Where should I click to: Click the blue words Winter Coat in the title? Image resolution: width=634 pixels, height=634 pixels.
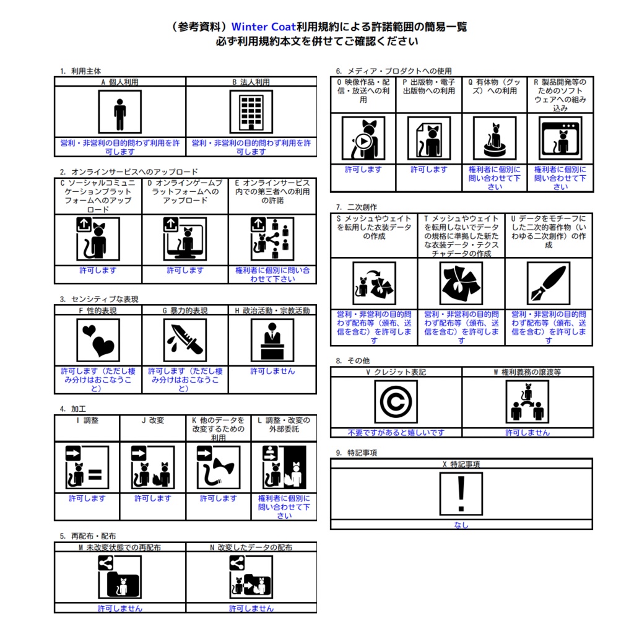pyautogui.click(x=264, y=27)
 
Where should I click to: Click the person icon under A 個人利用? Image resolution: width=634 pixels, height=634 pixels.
pyautogui.click(x=119, y=112)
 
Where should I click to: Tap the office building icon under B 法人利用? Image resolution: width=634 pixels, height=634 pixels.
pyautogui.click(x=251, y=112)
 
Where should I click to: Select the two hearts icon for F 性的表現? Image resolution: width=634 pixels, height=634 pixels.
pyautogui.click(x=98, y=340)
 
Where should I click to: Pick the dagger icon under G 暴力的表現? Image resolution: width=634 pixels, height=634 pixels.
pyautogui.click(x=185, y=340)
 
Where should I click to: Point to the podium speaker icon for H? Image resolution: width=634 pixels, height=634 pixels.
pyautogui.click(x=272, y=340)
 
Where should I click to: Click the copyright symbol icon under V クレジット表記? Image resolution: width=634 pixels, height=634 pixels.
pyautogui.click(x=396, y=402)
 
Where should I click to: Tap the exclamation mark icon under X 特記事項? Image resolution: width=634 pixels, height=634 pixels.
pyautogui.click(x=461, y=493)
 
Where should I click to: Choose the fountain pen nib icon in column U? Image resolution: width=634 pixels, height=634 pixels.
pyautogui.click(x=549, y=283)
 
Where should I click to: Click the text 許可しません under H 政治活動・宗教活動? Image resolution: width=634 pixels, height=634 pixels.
pyautogui.click(x=272, y=371)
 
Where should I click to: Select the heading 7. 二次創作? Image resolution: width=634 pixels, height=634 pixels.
pyautogui.click(x=356, y=207)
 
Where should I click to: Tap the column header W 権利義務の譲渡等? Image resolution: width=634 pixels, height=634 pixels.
pyautogui.click(x=528, y=372)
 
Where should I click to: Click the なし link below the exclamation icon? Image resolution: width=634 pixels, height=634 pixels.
pyautogui.click(x=461, y=525)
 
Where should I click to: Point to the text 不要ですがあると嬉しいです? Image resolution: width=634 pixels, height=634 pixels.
pyautogui.click(x=396, y=433)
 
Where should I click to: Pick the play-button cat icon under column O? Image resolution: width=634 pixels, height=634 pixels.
pyautogui.click(x=363, y=138)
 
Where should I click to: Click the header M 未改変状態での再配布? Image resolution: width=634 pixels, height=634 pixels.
pyautogui.click(x=119, y=547)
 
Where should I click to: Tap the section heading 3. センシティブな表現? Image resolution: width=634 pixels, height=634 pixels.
pyautogui.click(x=99, y=299)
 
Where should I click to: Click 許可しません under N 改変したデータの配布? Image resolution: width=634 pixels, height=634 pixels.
pyautogui.click(x=251, y=608)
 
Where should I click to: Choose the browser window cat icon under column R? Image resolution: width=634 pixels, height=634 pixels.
pyautogui.click(x=560, y=138)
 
